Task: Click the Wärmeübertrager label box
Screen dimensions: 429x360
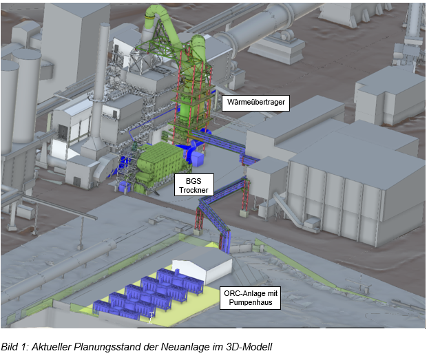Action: tap(255, 103)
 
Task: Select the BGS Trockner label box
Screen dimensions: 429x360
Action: tap(194, 185)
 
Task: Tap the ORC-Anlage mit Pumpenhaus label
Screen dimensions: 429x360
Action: tap(251, 297)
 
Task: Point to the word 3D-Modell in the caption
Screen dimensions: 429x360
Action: tap(249, 347)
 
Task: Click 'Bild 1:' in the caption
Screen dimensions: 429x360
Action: tap(15, 347)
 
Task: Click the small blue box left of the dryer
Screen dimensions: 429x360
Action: tap(125, 187)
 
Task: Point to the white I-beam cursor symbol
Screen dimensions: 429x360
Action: tap(150, 318)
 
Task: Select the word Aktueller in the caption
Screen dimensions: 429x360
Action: tap(52, 347)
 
